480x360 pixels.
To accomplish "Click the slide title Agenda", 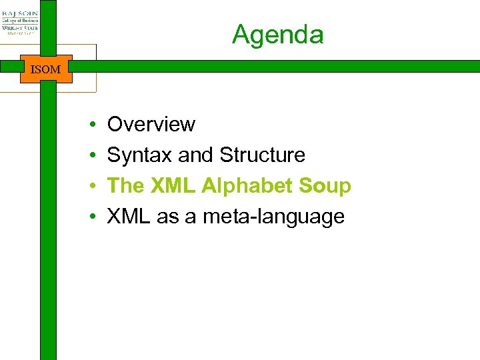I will click(277, 34).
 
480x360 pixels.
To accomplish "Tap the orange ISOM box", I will click(45, 69).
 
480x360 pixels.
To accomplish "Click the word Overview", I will click(151, 124).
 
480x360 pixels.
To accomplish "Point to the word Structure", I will click(262, 155).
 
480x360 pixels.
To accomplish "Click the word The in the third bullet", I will click(126, 185).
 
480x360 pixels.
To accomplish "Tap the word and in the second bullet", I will click(195, 155).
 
